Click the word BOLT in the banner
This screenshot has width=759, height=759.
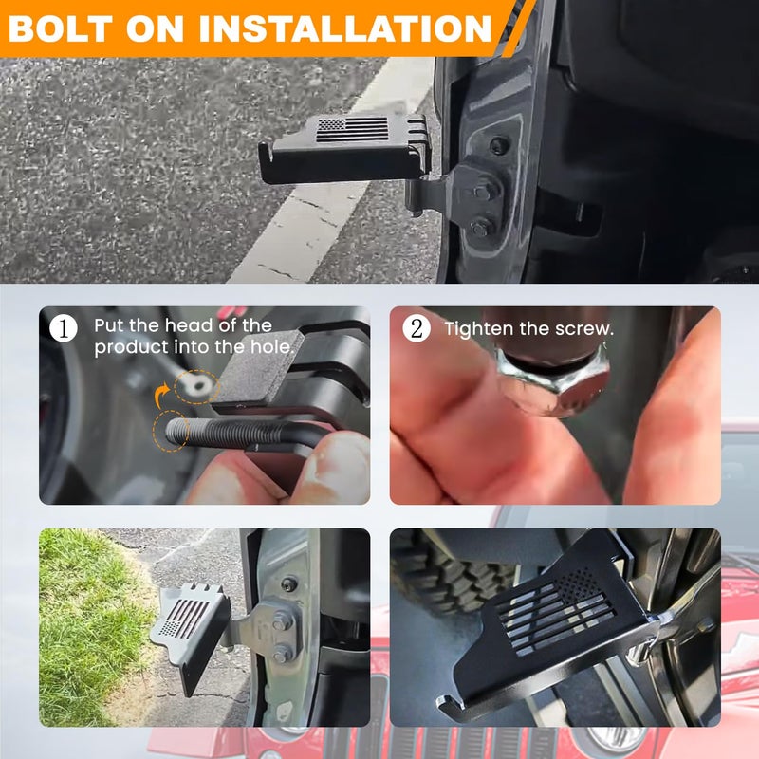61,28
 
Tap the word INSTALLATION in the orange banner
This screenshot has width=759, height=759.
345,28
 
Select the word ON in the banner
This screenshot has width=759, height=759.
155,28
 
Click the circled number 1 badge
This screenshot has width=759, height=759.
64,328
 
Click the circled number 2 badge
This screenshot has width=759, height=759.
417,328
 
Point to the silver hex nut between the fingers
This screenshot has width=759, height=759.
554,382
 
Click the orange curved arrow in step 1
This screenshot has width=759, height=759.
161,395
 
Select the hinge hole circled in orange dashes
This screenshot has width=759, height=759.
197,386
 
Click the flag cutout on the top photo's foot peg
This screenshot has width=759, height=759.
352,130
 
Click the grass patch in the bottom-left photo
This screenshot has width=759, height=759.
92,624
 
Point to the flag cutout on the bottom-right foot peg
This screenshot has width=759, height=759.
557,612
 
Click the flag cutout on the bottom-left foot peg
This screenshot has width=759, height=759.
185,618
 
